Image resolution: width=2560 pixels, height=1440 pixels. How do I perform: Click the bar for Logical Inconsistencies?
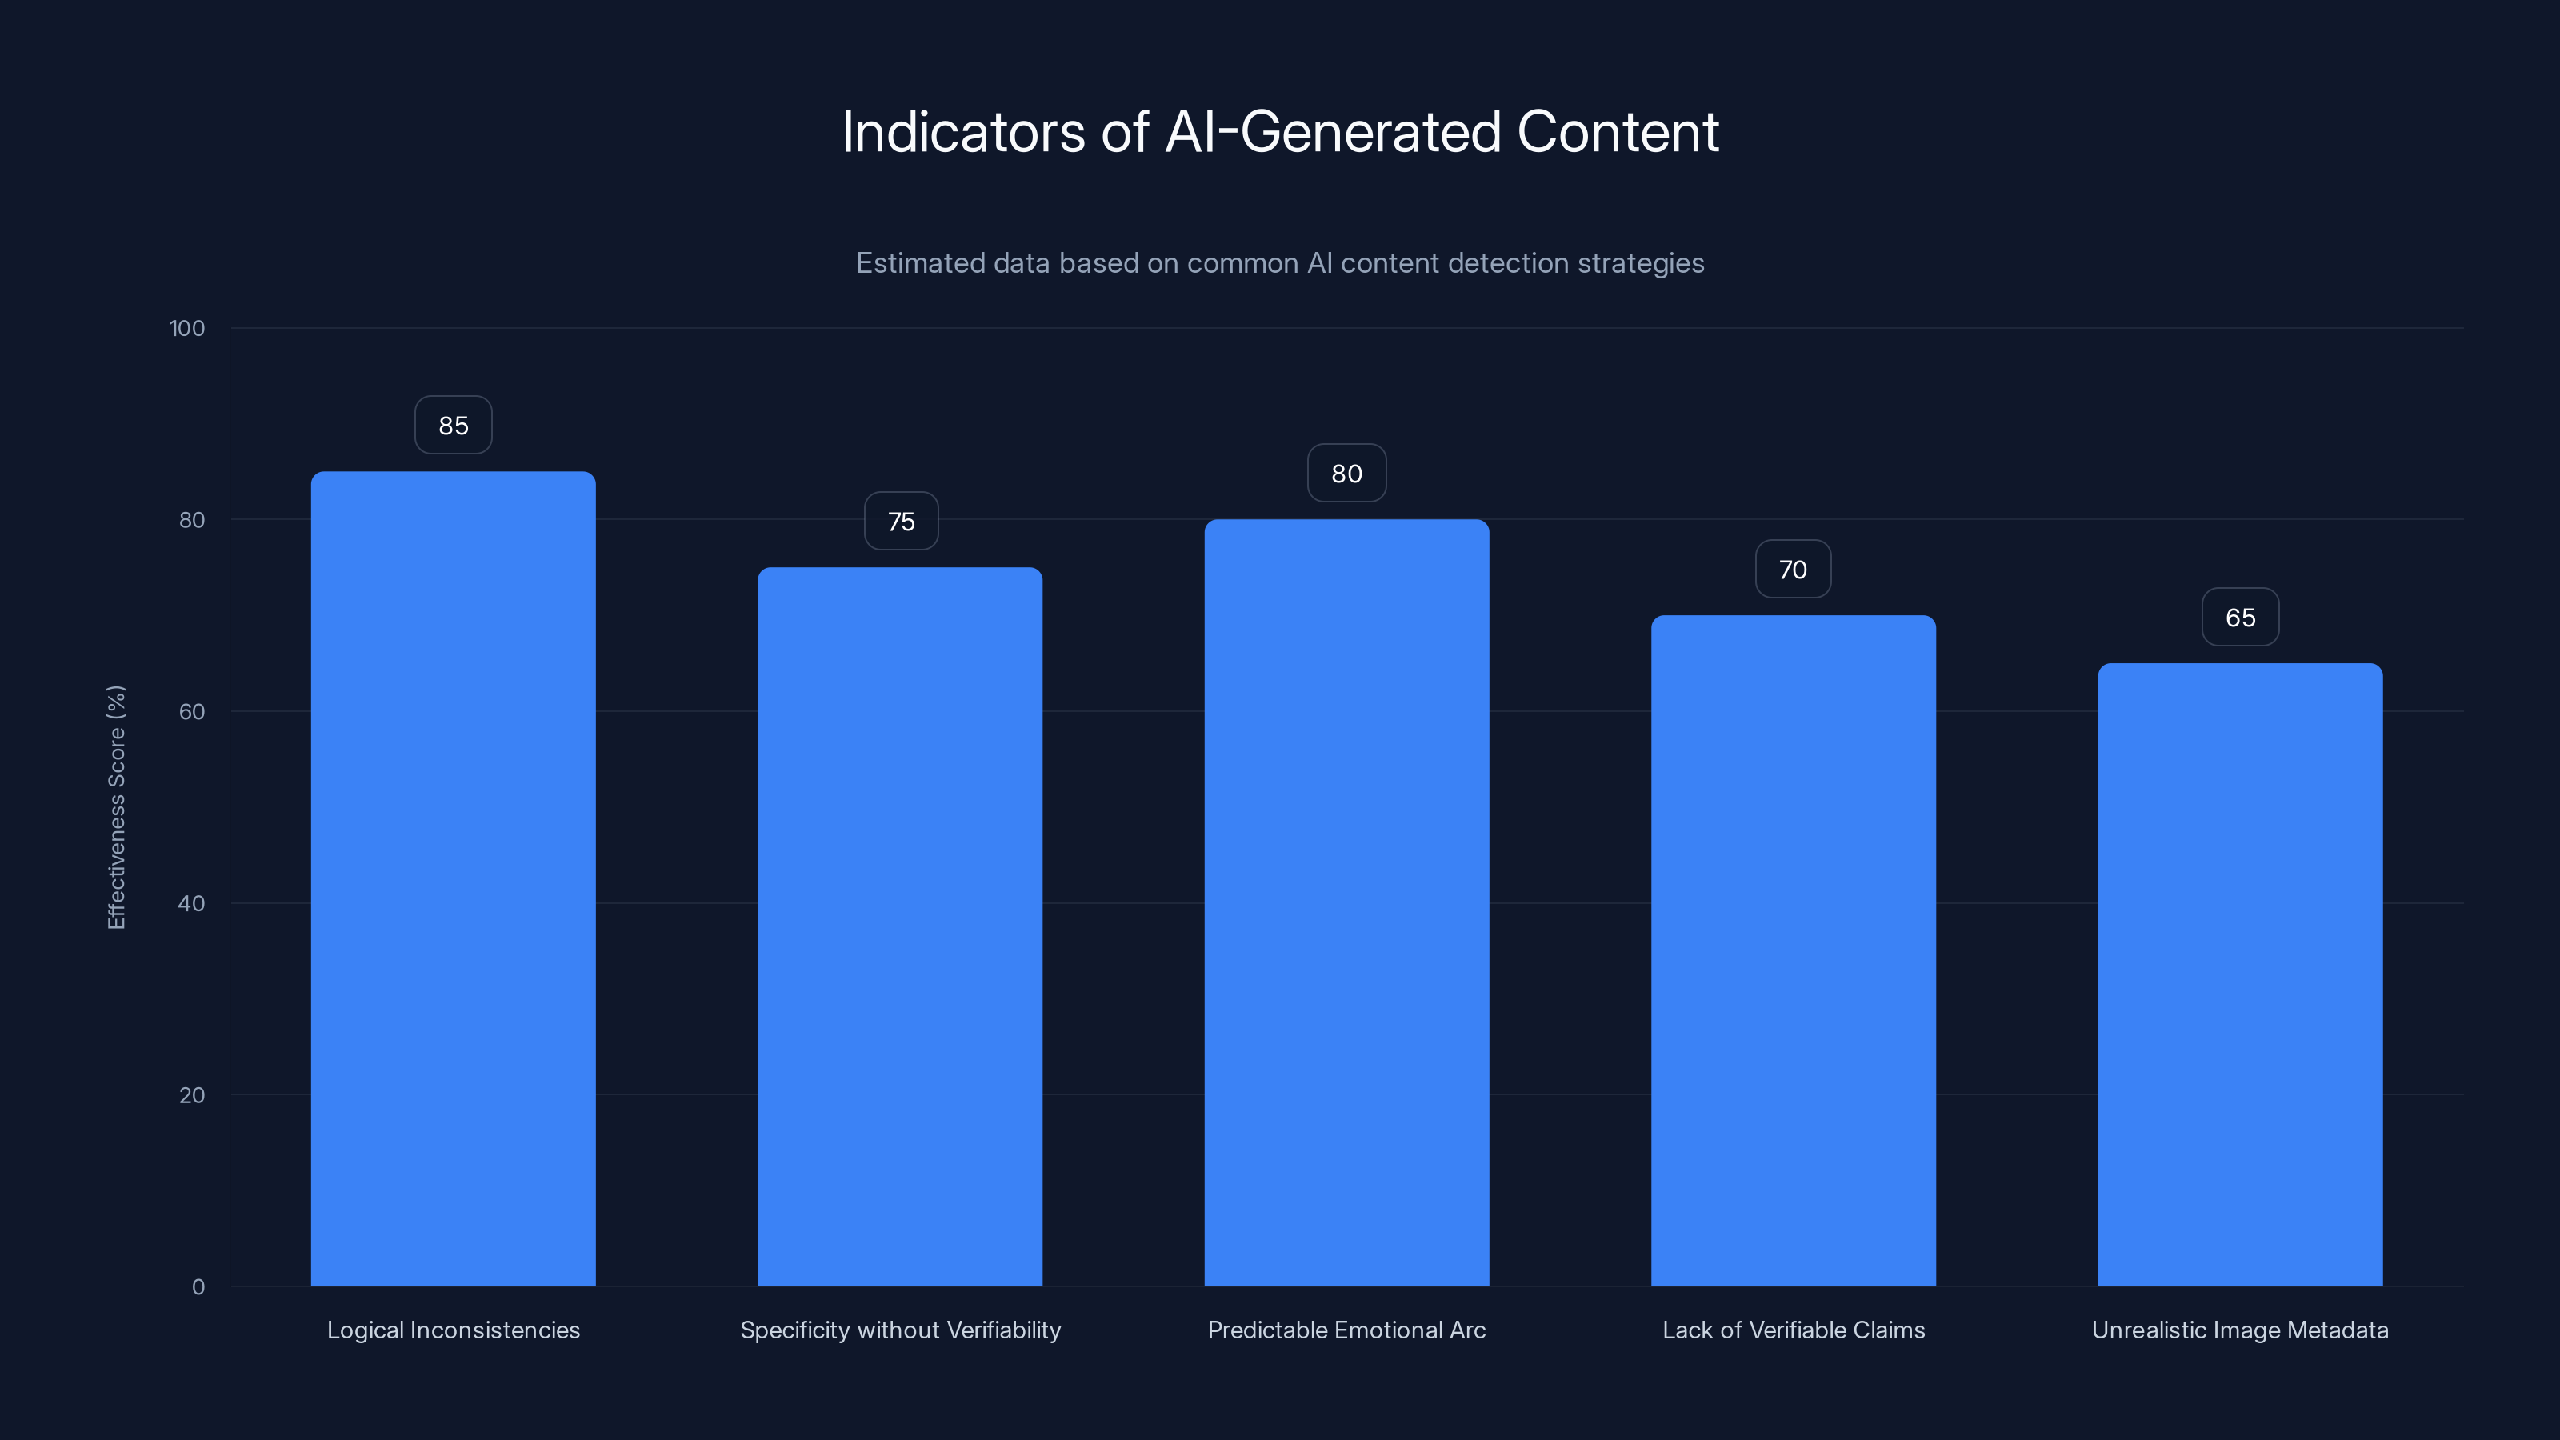(453, 878)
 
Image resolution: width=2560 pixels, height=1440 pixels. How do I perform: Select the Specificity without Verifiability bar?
(899, 926)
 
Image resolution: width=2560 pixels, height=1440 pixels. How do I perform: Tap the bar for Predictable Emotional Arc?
(1346, 902)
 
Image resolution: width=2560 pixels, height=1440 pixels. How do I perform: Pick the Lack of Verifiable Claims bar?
(1793, 950)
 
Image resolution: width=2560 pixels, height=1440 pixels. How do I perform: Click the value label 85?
(453, 426)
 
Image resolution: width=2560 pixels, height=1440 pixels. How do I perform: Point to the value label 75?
(900, 522)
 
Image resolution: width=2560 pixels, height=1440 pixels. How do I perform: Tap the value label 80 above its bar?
(1346, 474)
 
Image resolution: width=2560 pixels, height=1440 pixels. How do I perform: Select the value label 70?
(1793, 570)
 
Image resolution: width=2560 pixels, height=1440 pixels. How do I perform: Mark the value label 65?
(2240, 618)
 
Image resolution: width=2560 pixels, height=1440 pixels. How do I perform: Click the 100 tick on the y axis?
(187, 329)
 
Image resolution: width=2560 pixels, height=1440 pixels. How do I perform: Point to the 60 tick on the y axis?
(192, 711)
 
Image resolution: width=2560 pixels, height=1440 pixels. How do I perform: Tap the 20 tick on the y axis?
(192, 1095)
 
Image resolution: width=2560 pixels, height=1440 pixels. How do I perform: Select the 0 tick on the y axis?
(198, 1287)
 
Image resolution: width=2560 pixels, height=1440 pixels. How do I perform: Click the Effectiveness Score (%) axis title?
(116, 807)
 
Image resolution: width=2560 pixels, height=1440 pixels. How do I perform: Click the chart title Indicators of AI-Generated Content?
(1280, 132)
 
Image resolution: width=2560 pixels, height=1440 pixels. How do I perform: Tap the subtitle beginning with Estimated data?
(1280, 263)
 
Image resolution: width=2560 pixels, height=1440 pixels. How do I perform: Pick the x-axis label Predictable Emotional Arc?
(1346, 1330)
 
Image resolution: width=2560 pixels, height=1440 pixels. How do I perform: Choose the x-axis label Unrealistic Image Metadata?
(2240, 1330)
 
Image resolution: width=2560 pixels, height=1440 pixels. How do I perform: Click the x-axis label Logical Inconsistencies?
(453, 1330)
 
